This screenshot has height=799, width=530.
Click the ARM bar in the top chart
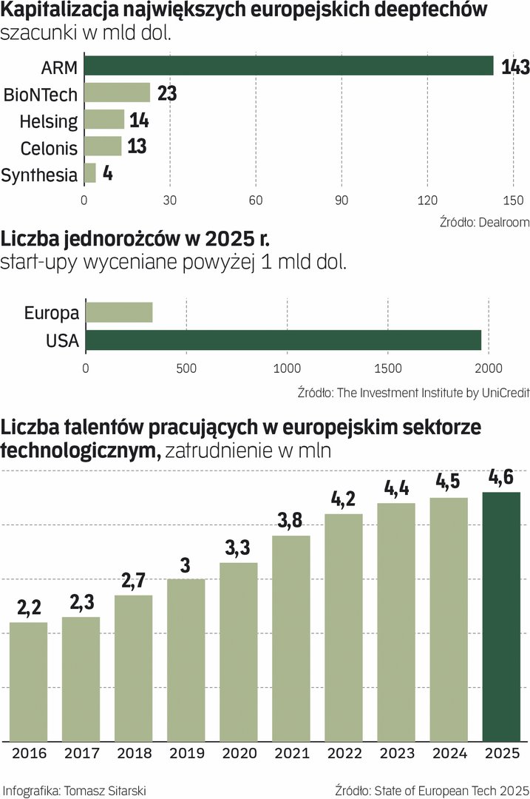pos(288,66)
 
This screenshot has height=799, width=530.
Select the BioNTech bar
pos(117,93)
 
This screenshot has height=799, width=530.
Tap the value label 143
pos(514,67)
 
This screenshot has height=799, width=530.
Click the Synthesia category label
pos(39,175)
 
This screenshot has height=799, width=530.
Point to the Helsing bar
pos(104,120)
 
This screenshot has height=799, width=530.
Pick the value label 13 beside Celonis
pos(137,146)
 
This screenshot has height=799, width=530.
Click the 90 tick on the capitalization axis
pos(342,200)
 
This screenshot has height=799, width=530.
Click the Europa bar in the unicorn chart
pos(119,313)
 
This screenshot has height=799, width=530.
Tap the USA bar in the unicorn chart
pos(283,340)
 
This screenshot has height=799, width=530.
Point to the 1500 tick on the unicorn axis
pos(387,368)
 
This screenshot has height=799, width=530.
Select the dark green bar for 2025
pos(500,616)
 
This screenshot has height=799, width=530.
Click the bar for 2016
pos(28,681)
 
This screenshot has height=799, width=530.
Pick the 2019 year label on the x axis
pos(186,754)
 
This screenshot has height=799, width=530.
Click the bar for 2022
pos(344,627)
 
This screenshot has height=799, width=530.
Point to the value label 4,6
pos(501,477)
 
